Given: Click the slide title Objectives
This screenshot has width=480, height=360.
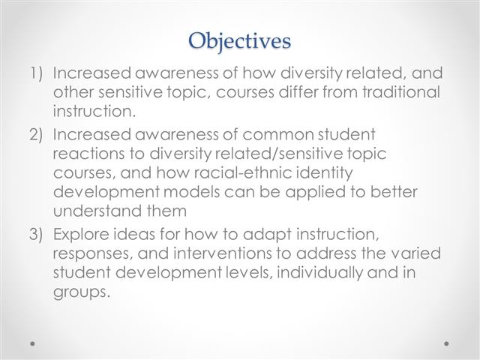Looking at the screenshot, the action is click(x=239, y=41).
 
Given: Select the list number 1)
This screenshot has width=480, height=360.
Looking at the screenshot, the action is click(x=36, y=73).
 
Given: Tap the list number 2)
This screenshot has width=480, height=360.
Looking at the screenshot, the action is click(x=36, y=135).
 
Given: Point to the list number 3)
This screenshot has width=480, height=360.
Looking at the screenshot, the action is click(x=36, y=235).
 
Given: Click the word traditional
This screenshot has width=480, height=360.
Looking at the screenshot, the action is click(x=401, y=91).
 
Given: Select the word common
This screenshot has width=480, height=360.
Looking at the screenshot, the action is click(x=278, y=135).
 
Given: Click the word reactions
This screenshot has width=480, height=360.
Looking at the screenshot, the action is click(x=88, y=154).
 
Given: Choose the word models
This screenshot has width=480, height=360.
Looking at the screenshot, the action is click(x=192, y=192).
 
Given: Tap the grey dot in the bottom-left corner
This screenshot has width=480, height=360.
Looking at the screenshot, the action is click(x=32, y=343).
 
